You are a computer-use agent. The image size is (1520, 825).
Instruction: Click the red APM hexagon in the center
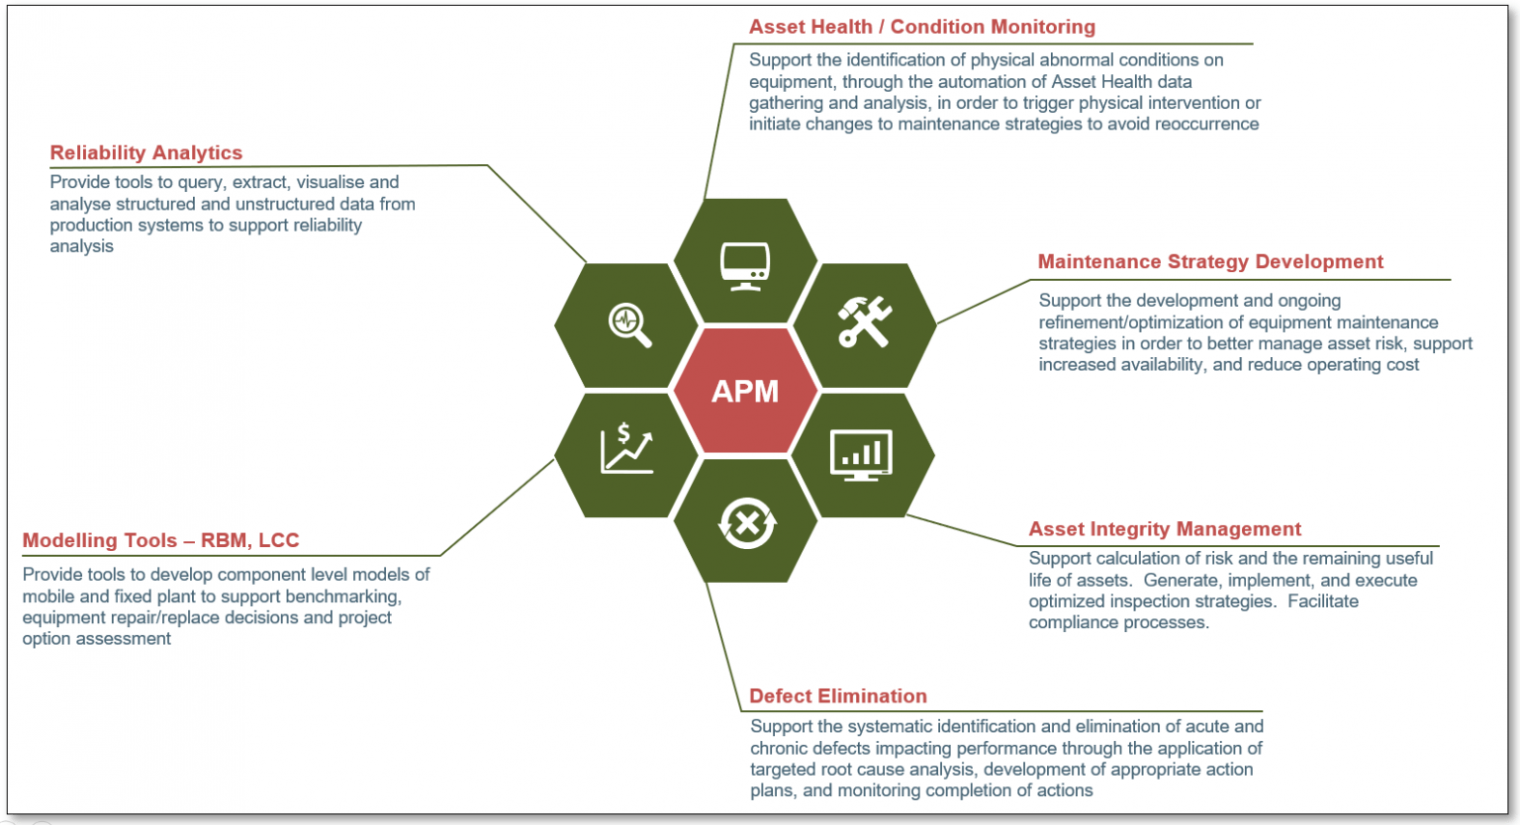pyautogui.click(x=745, y=391)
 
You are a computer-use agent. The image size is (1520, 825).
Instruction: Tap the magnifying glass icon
pyautogui.click(x=629, y=324)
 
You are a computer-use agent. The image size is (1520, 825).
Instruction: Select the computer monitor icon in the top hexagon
pyautogui.click(x=745, y=266)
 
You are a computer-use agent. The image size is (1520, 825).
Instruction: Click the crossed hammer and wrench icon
pyautogui.click(x=865, y=322)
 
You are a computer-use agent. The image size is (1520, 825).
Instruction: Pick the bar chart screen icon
pyautogui.click(x=861, y=455)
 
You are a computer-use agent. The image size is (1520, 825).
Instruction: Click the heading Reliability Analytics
pyautogui.click(x=146, y=152)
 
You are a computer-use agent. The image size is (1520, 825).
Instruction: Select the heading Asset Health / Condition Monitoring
pyautogui.click(x=921, y=27)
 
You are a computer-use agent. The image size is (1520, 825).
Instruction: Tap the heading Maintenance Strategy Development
pyautogui.click(x=1209, y=261)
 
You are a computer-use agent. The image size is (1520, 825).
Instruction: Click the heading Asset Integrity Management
pyautogui.click(x=1165, y=529)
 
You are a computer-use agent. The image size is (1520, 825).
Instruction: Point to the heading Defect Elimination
pyautogui.click(x=837, y=695)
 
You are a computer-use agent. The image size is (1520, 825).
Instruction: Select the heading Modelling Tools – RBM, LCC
pyautogui.click(x=160, y=540)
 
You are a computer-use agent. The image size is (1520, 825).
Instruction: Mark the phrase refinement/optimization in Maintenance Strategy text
pyautogui.click(x=1129, y=322)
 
